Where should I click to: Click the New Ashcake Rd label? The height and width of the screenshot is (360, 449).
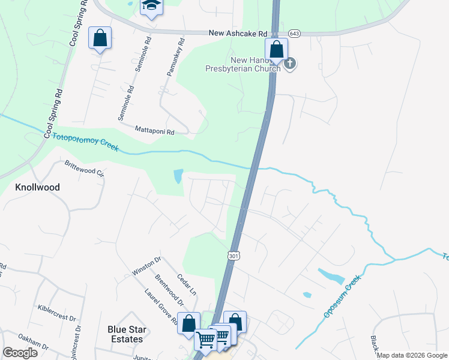tap(237, 34)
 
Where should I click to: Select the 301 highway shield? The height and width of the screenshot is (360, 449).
tap(233, 256)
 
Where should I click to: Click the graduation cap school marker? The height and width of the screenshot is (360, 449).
tap(151, 7)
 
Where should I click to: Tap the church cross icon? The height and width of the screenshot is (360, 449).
tap(290, 64)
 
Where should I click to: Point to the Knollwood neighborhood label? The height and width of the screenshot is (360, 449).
tap(37, 187)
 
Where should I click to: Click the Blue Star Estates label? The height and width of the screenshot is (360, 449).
tap(125, 334)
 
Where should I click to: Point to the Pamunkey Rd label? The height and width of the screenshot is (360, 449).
tap(174, 61)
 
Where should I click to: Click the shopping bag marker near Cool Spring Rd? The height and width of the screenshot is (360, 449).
tap(100, 38)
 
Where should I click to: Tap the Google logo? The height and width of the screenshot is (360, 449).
tap(20, 352)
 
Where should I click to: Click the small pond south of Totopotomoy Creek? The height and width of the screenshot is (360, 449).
tap(178, 176)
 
